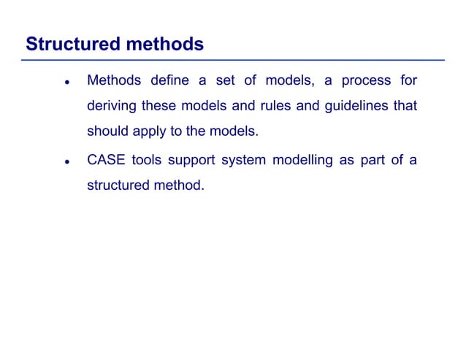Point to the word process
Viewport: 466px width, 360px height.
tap(362, 80)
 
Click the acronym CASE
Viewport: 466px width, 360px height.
tap(106, 159)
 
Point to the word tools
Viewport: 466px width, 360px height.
tap(148, 159)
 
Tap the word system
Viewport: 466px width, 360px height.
tap(245, 159)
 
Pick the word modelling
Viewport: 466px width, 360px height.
tap(302, 159)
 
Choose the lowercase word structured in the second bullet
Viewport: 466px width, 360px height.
tap(118, 185)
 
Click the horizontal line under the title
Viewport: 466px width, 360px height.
tap(234, 60)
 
